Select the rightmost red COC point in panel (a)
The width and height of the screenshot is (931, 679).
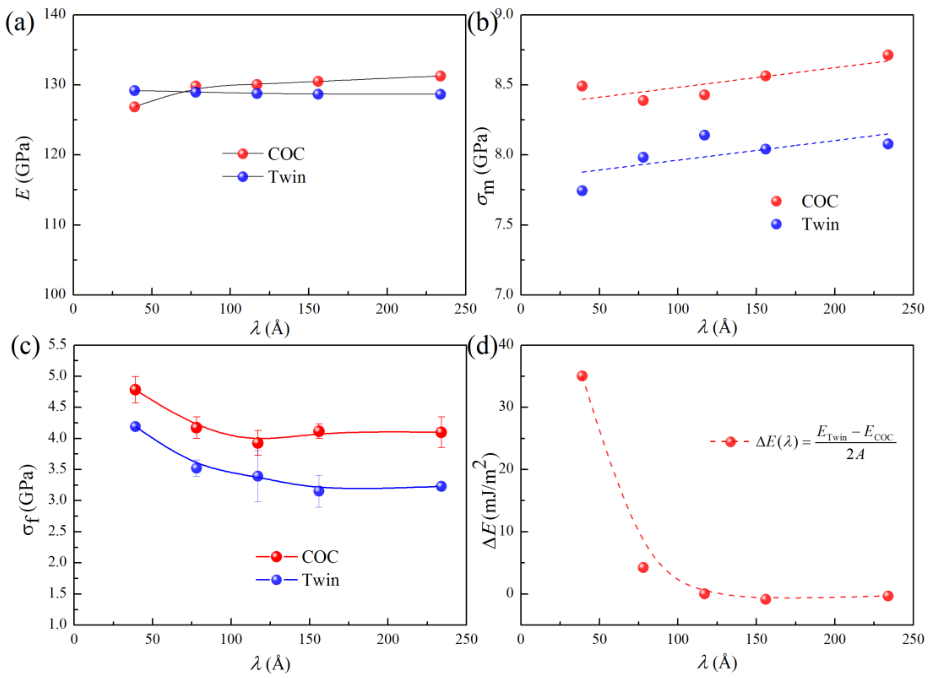coord(440,76)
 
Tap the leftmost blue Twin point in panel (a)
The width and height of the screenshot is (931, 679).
coord(134,91)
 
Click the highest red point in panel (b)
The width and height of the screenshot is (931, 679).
coord(888,55)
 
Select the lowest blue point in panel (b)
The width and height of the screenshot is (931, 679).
coord(582,191)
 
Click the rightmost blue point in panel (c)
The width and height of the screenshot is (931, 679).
coord(441,486)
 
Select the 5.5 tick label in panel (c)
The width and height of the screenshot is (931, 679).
coord(57,344)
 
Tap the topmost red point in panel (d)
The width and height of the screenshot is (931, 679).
coord(582,376)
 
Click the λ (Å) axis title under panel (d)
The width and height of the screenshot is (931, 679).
coord(717,663)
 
